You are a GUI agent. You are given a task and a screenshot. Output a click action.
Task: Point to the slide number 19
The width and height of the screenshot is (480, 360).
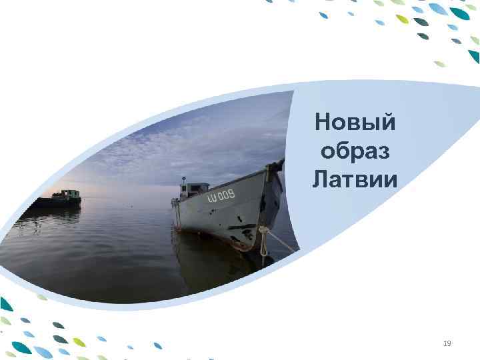click(447, 343)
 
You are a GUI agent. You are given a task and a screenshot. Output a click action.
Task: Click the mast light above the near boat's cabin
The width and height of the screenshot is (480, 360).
click(182, 178)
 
